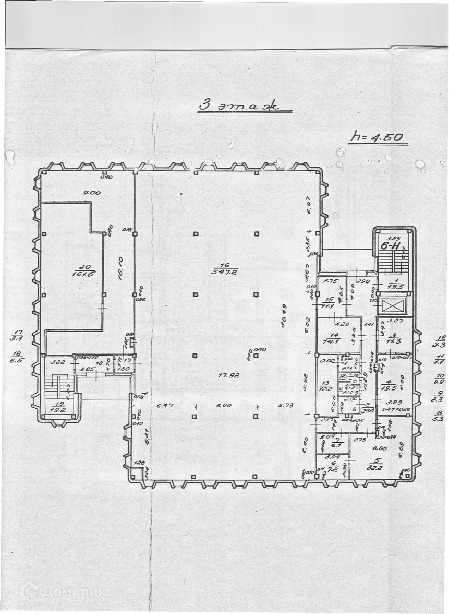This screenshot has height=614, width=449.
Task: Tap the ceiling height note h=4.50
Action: [377, 138]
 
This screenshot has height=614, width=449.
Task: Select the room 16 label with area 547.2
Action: [225, 268]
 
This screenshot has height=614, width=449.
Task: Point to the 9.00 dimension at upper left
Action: [92, 193]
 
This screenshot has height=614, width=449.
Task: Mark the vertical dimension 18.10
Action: [119, 268]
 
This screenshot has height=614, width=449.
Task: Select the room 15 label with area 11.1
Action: [330, 302]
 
